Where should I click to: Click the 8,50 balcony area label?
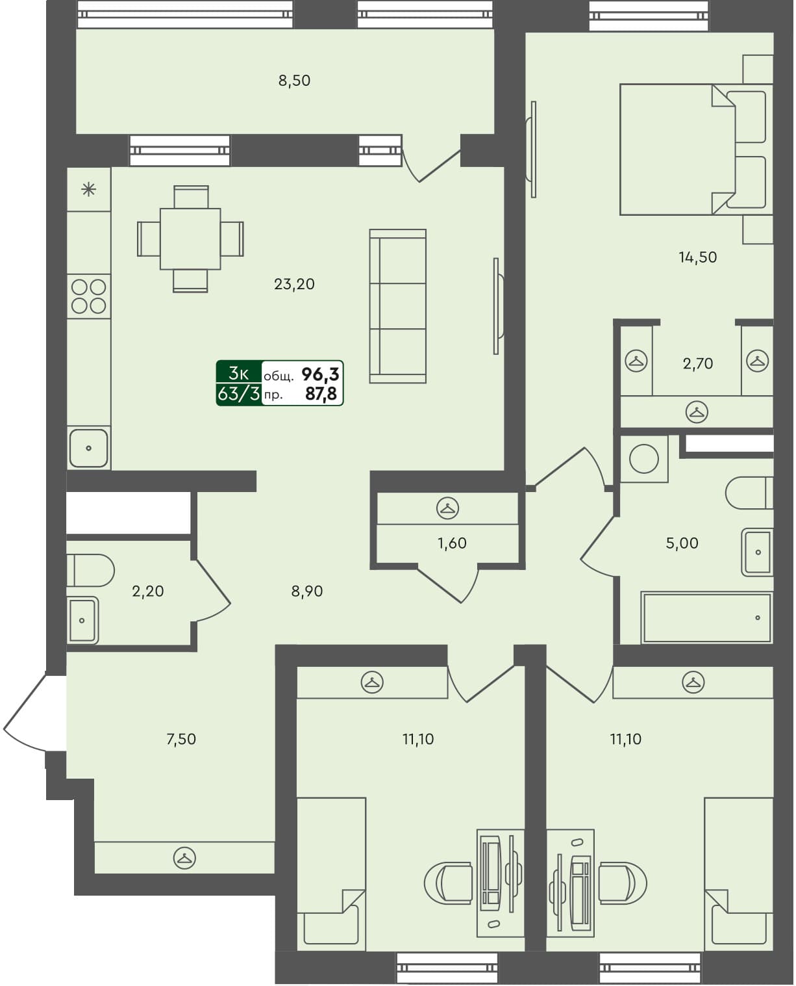click(x=294, y=81)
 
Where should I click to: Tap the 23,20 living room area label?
click(x=294, y=284)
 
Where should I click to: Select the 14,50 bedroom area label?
click(x=697, y=257)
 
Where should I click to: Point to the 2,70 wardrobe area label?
click(x=697, y=363)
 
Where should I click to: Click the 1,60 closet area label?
click(x=452, y=543)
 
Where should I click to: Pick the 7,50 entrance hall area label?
click(x=181, y=739)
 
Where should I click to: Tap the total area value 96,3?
click(x=320, y=374)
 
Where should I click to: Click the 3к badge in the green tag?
click(x=238, y=373)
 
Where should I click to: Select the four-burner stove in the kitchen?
click(x=89, y=296)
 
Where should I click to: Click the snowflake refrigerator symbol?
click(x=88, y=190)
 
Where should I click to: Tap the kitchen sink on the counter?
click(x=88, y=448)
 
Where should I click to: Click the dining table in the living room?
click(x=190, y=239)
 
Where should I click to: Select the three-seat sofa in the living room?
click(x=397, y=306)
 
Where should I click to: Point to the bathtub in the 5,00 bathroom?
click(x=707, y=617)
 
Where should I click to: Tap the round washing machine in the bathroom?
click(x=644, y=460)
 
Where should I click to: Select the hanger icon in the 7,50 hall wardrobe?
click(x=184, y=859)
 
